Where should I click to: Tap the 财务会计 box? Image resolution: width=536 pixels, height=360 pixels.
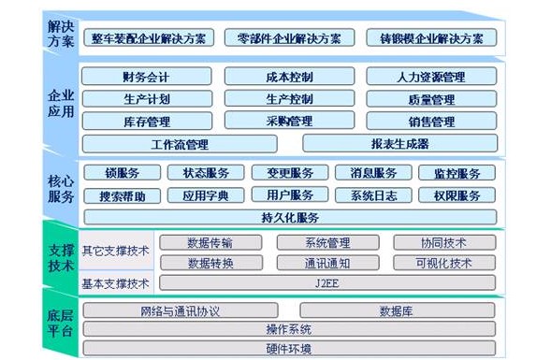pos(146,77)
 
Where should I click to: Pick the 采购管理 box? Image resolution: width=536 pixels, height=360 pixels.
pos(282,122)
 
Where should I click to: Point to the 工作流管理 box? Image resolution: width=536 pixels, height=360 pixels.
pos(180,144)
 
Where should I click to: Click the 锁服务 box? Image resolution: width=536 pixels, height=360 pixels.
pos(123,173)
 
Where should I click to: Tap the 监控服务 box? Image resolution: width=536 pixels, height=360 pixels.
pos(457,173)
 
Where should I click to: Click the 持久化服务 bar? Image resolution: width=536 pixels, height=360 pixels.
pos(290,217)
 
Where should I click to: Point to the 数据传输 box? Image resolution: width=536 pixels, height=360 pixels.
pos(210,242)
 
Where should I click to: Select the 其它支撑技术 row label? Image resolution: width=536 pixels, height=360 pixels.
pos(115,251)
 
